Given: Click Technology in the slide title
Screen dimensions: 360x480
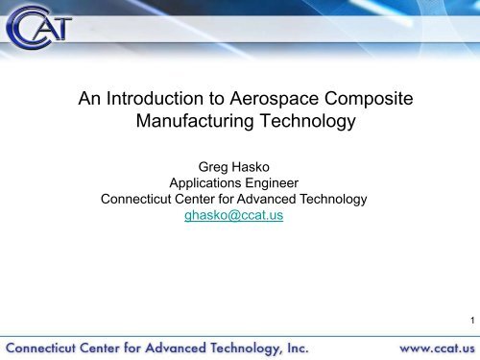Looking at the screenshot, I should (309, 123).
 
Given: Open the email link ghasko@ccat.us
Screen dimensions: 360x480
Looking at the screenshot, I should (240, 217).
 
